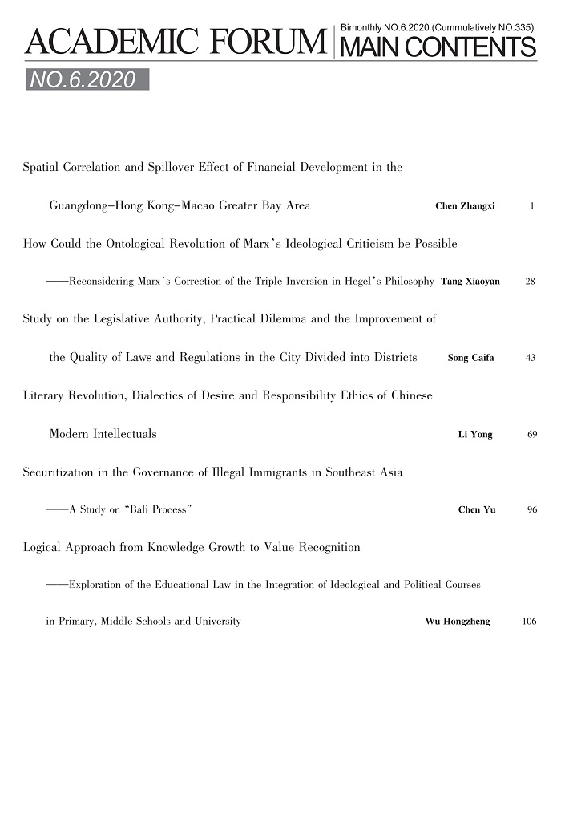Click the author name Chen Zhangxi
click(465, 206)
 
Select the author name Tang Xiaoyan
click(470, 282)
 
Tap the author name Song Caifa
click(470, 358)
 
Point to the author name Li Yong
click(474, 434)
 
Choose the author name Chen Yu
click(476, 509)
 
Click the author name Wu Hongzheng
click(457, 621)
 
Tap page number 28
click(530, 282)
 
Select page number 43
click(530, 358)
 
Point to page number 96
click(531, 509)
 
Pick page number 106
click(528, 621)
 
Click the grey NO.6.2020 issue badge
click(87, 79)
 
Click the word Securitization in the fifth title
click(58, 472)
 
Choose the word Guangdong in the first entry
click(80, 206)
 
